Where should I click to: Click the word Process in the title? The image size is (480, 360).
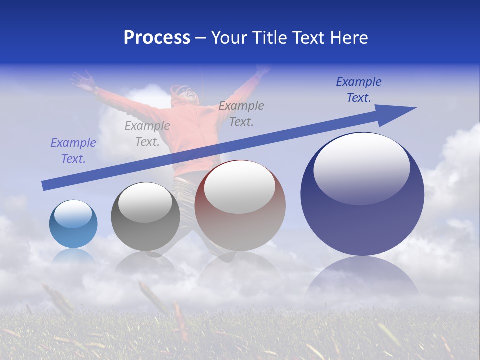[x=157, y=38]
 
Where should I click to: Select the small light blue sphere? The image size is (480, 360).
[x=73, y=224]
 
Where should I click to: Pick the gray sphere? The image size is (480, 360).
[x=145, y=217]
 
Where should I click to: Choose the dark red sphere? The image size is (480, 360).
[x=240, y=206]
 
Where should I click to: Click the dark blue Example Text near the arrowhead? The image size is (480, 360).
[x=358, y=90]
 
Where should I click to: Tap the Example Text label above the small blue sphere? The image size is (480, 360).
[x=73, y=151]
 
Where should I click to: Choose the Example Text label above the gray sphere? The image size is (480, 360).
[x=147, y=134]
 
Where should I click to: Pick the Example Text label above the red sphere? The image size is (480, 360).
[x=241, y=113]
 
